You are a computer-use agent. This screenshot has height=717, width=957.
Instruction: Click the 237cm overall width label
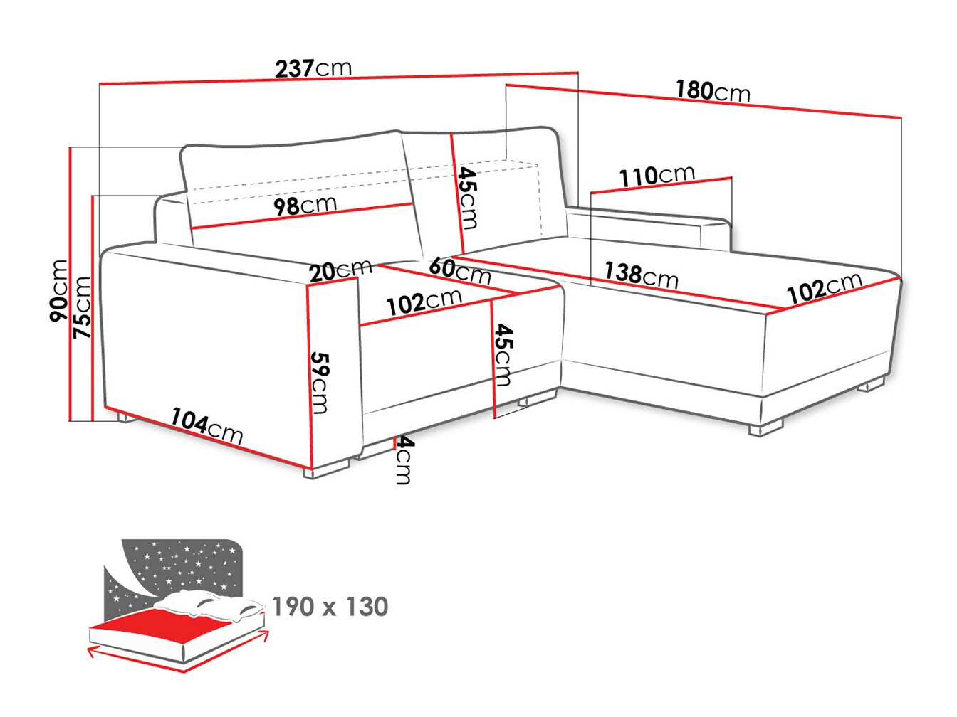[x=313, y=68]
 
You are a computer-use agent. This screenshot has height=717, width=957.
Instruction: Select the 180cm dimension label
[x=713, y=91]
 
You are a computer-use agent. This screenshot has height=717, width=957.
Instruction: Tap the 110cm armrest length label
[x=657, y=176]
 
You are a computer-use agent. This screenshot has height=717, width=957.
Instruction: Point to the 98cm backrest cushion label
[x=305, y=206]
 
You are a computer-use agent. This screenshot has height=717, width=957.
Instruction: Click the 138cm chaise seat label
[x=641, y=274]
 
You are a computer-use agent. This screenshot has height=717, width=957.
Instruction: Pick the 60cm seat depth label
[x=459, y=270]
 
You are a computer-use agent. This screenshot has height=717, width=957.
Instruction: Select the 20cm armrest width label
[x=340, y=270]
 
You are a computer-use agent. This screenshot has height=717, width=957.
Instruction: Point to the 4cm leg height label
[x=404, y=460]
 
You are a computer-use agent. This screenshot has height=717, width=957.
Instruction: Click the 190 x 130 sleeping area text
[x=330, y=607]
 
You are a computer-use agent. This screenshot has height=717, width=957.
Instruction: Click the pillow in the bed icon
[x=206, y=603]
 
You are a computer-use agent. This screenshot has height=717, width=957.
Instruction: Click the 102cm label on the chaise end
[x=824, y=287]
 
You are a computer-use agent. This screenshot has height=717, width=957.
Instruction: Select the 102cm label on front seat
[x=424, y=302]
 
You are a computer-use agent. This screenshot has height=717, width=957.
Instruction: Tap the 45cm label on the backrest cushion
[x=467, y=197]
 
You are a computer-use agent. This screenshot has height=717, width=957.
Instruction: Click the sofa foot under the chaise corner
[x=765, y=428]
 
